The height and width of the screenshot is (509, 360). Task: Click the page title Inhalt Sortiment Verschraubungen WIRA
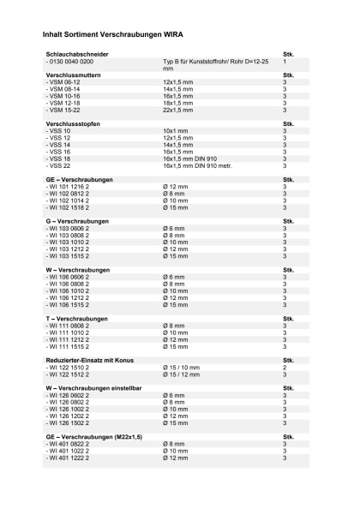click(111, 35)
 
